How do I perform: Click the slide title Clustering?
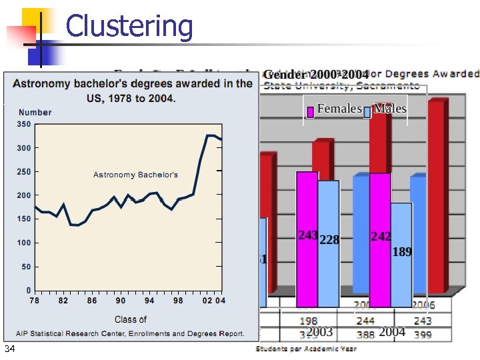tap(129, 27)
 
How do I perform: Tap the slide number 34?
tap(9, 350)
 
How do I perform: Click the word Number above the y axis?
tap(35, 113)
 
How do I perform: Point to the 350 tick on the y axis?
tap(24, 124)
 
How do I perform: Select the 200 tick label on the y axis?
tap(24, 195)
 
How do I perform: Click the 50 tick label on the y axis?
tap(26, 267)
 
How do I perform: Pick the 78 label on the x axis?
tap(35, 301)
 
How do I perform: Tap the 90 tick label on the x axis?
tap(121, 301)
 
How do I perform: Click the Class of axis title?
tap(131, 319)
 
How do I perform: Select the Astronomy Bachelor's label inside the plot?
tap(135, 175)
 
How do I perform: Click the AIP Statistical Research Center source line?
tap(131, 333)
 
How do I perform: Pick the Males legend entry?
tap(390, 109)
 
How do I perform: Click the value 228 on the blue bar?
tap(329, 240)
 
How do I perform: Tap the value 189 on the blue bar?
tap(402, 251)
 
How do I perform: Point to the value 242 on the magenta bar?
tap(381, 237)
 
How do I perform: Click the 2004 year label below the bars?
tap(392, 332)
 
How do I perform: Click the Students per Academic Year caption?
tap(306, 349)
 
